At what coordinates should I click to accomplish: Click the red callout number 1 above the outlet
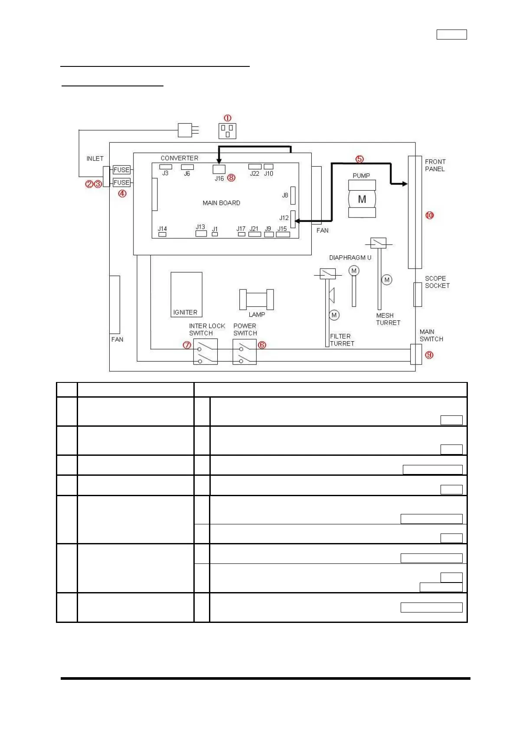coord(227,118)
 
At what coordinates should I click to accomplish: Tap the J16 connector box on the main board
coord(219,169)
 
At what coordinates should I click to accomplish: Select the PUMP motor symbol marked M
coord(362,199)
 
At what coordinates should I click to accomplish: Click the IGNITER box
coord(186,295)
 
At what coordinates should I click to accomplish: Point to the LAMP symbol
coord(256,299)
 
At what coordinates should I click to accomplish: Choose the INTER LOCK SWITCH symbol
coord(205,352)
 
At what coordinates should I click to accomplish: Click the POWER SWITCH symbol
coord(244,352)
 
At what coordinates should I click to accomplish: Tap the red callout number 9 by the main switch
coord(429,355)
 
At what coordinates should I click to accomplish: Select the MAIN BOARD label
coord(221,203)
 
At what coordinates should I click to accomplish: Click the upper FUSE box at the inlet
coord(121,170)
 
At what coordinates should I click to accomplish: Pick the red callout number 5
coord(359,159)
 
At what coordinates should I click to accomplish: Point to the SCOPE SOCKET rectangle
coord(417,294)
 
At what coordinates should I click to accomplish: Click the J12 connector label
coord(284,217)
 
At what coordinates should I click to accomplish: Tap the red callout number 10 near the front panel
coord(429,215)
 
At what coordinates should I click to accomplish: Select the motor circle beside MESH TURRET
coord(387,280)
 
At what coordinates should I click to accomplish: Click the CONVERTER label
coord(179,158)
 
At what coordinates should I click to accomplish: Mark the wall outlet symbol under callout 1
coord(227,131)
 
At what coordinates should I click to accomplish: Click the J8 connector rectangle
coord(293,195)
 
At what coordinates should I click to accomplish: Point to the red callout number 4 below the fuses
coord(122,194)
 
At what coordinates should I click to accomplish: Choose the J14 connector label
coord(162,229)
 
